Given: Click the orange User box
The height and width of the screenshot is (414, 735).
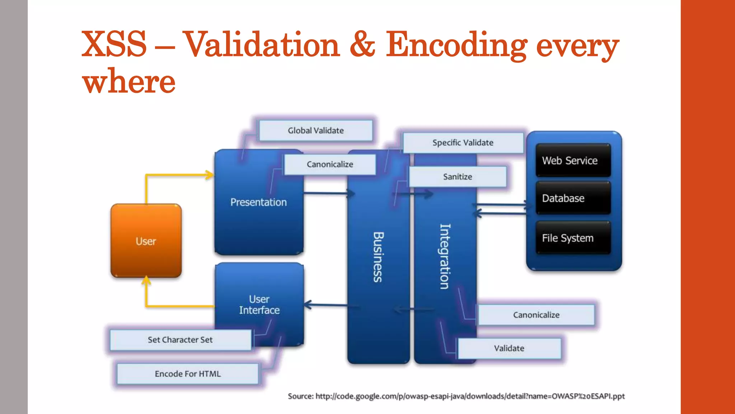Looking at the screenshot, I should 146,241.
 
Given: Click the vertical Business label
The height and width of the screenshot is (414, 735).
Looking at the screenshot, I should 378,257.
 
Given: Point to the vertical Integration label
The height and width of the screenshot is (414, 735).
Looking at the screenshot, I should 445,257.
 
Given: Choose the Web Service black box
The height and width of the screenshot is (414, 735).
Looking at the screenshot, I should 573,160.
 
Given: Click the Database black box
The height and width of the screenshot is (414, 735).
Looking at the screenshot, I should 573,198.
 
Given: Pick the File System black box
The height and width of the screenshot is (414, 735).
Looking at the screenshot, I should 573,238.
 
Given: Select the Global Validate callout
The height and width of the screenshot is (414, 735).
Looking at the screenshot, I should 315,130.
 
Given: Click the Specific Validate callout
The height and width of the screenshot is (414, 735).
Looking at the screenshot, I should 463,143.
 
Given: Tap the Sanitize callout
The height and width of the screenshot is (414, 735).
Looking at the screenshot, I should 458,176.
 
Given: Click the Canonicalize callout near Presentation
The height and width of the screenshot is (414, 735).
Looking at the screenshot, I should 329,164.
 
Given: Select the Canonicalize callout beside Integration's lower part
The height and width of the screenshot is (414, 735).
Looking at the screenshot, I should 536,315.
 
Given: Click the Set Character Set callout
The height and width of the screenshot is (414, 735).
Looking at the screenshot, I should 180,340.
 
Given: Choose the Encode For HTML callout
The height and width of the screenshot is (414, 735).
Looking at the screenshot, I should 188,374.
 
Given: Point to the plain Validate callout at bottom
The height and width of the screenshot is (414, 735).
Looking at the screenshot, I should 509,348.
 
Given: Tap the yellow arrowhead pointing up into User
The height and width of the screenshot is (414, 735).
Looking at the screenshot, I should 146,280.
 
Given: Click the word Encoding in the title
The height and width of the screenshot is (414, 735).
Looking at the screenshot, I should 456,45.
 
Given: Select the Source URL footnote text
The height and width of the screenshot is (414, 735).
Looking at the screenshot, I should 456,396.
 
